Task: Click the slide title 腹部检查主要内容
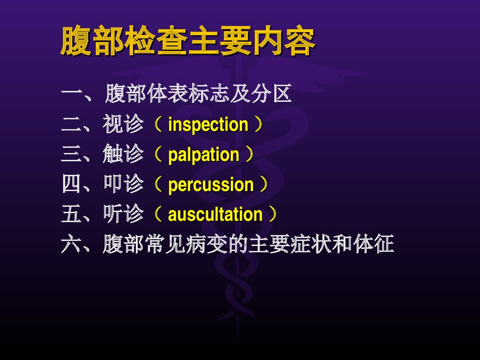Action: (x=188, y=42)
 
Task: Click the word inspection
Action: (x=208, y=125)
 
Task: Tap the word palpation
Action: (x=204, y=155)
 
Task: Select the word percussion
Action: (x=211, y=185)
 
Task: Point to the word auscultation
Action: (x=215, y=215)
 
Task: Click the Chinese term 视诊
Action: (x=123, y=125)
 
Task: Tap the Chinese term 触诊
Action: (x=123, y=155)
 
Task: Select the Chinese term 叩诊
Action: (x=123, y=185)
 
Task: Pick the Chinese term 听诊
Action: (x=123, y=215)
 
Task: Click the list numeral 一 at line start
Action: (x=71, y=95)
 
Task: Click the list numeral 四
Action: (x=71, y=185)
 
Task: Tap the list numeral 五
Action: (x=71, y=215)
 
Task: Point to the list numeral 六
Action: (x=71, y=245)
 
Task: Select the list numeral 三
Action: (x=71, y=155)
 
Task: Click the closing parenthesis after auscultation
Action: (x=273, y=215)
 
